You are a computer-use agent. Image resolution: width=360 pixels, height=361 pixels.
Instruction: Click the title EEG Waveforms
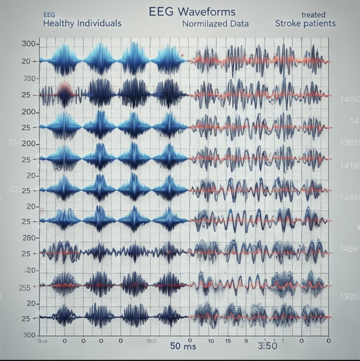[192, 12]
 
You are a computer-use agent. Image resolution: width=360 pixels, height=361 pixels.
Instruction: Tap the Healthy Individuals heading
[82, 23]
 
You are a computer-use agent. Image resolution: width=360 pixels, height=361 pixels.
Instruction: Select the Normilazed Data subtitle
[215, 24]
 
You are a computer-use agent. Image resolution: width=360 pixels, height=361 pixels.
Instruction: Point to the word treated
[313, 15]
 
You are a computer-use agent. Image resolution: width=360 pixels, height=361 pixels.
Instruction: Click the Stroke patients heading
[305, 23]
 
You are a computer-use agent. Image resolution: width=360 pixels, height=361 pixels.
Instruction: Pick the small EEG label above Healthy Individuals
[49, 15]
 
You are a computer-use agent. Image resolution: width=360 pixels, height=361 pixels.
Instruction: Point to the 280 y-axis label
[29, 238]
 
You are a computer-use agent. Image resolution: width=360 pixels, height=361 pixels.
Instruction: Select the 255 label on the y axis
[25, 288]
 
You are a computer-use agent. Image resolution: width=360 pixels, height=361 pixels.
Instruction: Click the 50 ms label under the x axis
[183, 346]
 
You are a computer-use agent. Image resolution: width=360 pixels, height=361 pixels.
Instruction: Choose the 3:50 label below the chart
[267, 346]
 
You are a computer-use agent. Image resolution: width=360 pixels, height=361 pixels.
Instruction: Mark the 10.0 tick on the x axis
[151, 341]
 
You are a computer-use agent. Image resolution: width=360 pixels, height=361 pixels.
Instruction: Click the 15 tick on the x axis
[228, 341]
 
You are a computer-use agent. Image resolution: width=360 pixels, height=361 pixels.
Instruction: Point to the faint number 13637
[350, 143]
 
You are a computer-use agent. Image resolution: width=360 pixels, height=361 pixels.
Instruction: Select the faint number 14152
[350, 166]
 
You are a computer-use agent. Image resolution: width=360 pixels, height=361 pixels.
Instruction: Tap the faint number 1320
[349, 297]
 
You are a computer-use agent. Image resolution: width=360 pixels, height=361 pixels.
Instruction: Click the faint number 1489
[349, 248]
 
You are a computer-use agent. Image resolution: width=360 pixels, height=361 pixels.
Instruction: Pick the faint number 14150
[350, 99]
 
